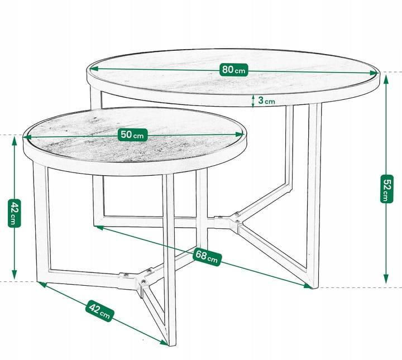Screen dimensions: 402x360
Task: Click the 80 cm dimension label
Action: [x=234, y=70]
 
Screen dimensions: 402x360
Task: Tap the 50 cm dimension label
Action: [x=132, y=135]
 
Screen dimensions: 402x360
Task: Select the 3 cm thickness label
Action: [x=266, y=100]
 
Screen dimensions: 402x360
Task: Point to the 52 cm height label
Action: [x=386, y=189]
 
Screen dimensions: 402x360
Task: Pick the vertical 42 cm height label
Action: [x=14, y=213]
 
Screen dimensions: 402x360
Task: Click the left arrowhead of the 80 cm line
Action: [x=94, y=69]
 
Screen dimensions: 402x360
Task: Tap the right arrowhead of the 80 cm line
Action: [x=372, y=73]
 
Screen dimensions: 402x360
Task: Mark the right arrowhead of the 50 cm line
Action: [x=239, y=135]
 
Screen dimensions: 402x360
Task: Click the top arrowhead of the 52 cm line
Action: [x=386, y=80]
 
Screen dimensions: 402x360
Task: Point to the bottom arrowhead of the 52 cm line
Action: [x=386, y=279]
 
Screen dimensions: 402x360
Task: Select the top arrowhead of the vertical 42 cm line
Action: [x=15, y=141]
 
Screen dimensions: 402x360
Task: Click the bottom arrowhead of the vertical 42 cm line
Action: [x=15, y=275]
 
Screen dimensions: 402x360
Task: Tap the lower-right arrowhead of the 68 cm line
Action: [x=308, y=286]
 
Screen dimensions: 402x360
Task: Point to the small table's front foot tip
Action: [x=171, y=345]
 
